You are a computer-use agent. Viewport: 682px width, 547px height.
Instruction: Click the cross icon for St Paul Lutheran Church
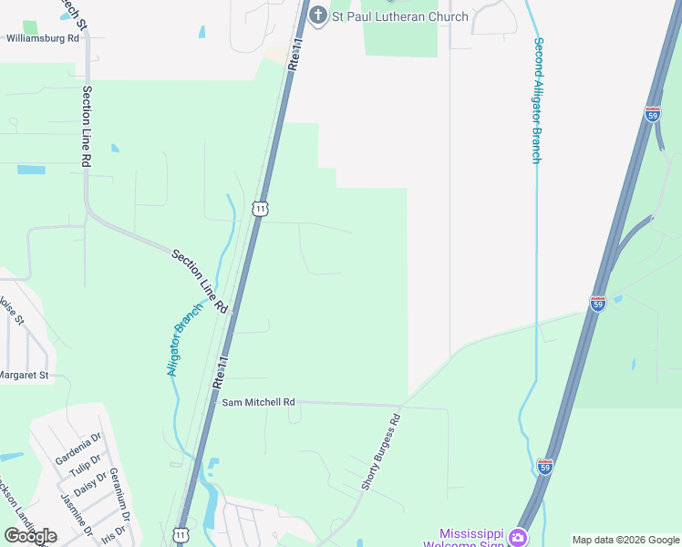tap(317, 15)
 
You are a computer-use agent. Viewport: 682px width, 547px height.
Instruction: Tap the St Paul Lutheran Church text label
tap(399, 16)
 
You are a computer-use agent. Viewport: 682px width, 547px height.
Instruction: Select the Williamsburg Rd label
tap(43, 39)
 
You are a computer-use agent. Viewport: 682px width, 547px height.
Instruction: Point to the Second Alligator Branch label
tap(538, 100)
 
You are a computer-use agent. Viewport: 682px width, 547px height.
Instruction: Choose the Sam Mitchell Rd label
tap(259, 402)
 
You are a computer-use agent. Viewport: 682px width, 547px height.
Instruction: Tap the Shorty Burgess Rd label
tap(381, 453)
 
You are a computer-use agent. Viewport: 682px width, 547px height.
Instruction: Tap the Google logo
tap(30, 536)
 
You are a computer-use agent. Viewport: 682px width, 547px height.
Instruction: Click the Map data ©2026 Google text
tap(625, 540)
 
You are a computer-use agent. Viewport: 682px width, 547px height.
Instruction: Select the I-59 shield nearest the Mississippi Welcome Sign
tap(545, 467)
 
